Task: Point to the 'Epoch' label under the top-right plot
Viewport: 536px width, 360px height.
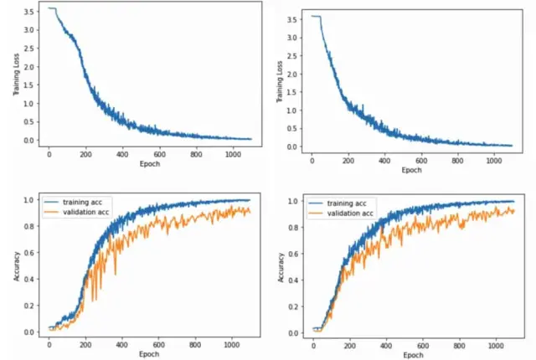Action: [411, 170]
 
